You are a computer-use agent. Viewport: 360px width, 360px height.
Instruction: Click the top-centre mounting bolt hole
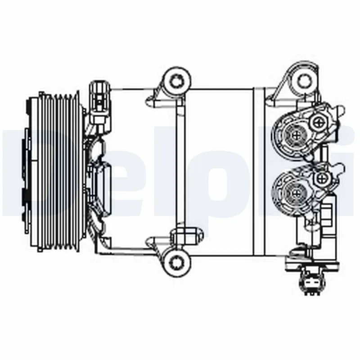pyautogui.click(x=176, y=81)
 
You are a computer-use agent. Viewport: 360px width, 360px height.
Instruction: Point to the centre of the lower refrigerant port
pyautogui.click(x=295, y=192)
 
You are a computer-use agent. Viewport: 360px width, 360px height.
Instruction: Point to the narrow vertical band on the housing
pyautogui.click(x=259, y=171)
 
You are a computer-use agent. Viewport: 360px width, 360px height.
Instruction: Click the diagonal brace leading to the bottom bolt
pyautogui.click(x=130, y=247)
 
